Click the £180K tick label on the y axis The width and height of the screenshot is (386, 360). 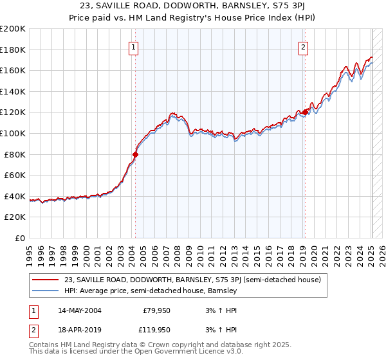pyautogui.click(x=13, y=50)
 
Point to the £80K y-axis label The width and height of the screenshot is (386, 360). pyautogui.click(x=15, y=154)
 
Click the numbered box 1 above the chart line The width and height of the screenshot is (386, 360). pyautogui.click(x=133, y=46)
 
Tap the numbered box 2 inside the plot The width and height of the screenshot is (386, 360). pyautogui.click(x=302, y=46)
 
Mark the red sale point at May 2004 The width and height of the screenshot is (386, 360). pyautogui.click(x=136, y=154)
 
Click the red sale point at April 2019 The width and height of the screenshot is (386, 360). pyautogui.click(x=305, y=112)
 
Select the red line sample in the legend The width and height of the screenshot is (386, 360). pyautogui.click(x=46, y=280)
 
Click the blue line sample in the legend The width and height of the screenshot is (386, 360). pyautogui.click(x=46, y=291)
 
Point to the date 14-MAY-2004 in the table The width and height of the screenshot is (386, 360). pyautogui.click(x=79, y=310)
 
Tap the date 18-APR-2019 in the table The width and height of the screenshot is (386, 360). pyautogui.click(x=79, y=330)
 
